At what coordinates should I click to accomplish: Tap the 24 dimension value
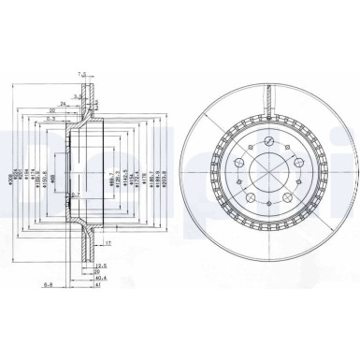[63, 104]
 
